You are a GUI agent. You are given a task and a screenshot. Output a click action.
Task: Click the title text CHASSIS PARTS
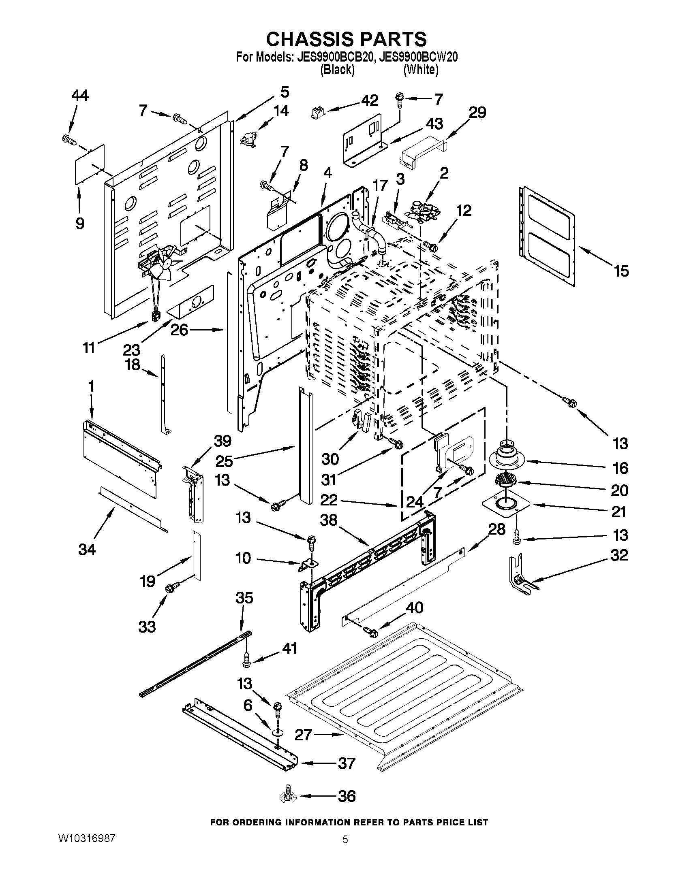[x=346, y=39]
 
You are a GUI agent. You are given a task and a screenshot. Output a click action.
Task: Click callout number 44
[x=79, y=96]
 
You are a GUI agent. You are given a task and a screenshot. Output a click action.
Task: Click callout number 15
[x=621, y=271]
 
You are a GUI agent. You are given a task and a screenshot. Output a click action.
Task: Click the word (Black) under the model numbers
[x=337, y=70]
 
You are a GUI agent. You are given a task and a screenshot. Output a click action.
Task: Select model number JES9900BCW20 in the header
[x=418, y=57]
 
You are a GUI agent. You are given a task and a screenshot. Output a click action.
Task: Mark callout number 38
[x=329, y=520]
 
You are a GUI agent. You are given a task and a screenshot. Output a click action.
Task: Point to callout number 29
[x=477, y=112]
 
